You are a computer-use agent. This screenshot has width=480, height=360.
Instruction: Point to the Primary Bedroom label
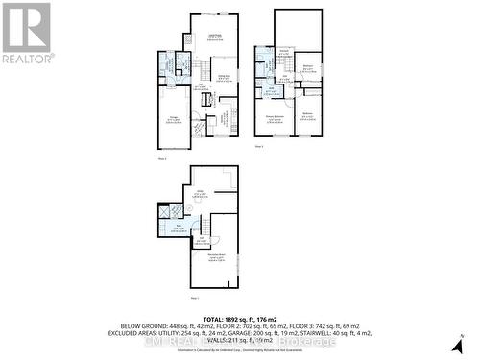point(274,121)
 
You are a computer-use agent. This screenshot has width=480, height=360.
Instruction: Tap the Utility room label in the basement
point(201,191)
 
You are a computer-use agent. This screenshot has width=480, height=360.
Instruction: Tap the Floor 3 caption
point(259,146)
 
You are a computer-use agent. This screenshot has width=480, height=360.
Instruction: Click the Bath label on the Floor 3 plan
point(272,92)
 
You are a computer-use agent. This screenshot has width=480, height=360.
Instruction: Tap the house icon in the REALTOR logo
point(26,26)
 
